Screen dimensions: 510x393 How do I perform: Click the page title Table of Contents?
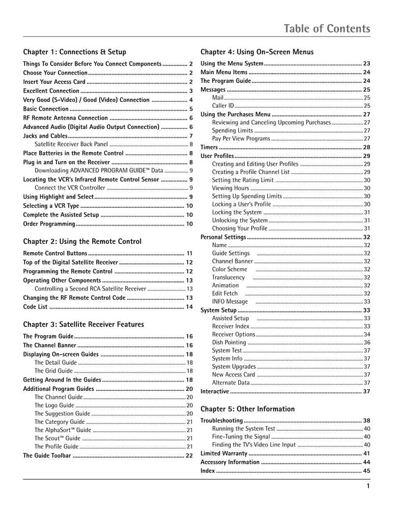click(x=327, y=29)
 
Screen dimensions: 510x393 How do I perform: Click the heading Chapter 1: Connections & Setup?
click(x=75, y=52)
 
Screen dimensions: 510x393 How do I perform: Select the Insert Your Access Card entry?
click(x=55, y=82)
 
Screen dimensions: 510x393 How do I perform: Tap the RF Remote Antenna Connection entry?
click(x=65, y=118)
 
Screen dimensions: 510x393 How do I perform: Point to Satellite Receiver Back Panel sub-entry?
click(x=72, y=144)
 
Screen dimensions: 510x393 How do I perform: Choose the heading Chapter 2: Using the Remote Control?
click(x=82, y=241)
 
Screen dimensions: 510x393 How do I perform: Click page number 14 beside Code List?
click(x=189, y=307)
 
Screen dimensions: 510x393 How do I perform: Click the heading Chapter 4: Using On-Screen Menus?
click(x=257, y=52)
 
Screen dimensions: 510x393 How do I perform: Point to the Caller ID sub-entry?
click(x=223, y=106)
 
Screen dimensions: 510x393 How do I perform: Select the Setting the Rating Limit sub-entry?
click(x=243, y=180)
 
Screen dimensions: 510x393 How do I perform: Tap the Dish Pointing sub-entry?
click(x=229, y=342)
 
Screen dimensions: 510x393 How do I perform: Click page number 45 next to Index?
click(x=366, y=471)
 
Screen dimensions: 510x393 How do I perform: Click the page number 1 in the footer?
click(x=368, y=487)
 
